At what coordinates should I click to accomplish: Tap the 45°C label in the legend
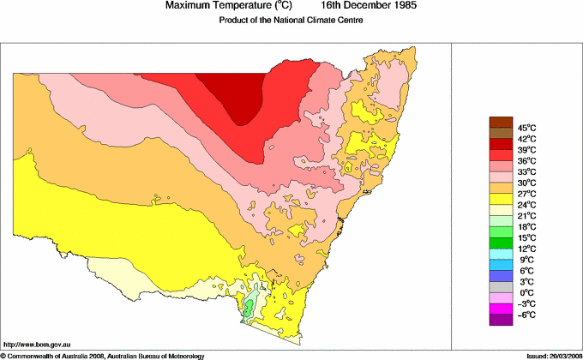pyautogui.click(x=526, y=128)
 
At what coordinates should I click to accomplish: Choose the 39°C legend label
pyautogui.click(x=526, y=149)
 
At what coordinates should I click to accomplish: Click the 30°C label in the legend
pyautogui.click(x=526, y=183)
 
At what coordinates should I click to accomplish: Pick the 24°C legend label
pyautogui.click(x=526, y=205)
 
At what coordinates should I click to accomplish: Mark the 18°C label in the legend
pyautogui.click(x=526, y=227)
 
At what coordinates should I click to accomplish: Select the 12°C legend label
pyautogui.click(x=526, y=249)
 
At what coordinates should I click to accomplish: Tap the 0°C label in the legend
pyautogui.click(x=526, y=293)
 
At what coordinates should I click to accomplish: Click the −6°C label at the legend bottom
pyautogui.click(x=526, y=315)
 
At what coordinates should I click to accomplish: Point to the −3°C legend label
pyautogui.click(x=526, y=304)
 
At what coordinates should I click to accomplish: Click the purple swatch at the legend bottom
pyautogui.click(x=500, y=320)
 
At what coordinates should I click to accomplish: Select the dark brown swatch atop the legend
pyautogui.click(x=500, y=121)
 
